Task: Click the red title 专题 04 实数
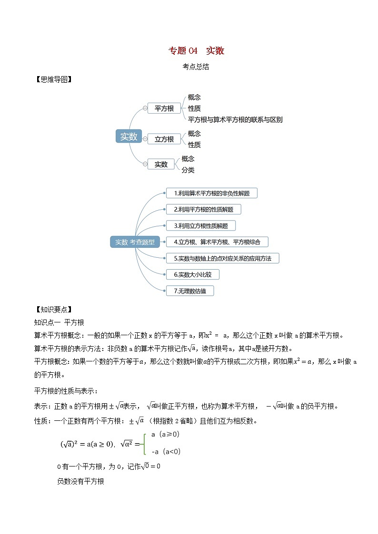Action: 196,51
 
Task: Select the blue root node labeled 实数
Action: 129,136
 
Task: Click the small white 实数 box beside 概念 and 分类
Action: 161,164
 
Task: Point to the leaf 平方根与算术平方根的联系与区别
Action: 235,119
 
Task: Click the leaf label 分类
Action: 188,170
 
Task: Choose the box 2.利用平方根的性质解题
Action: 203,209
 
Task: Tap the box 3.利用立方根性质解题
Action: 200,225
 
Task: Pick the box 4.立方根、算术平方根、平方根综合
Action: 217,242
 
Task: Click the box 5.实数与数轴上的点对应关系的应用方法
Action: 222,258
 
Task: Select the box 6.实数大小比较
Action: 193,274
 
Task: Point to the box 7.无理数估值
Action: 190,291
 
